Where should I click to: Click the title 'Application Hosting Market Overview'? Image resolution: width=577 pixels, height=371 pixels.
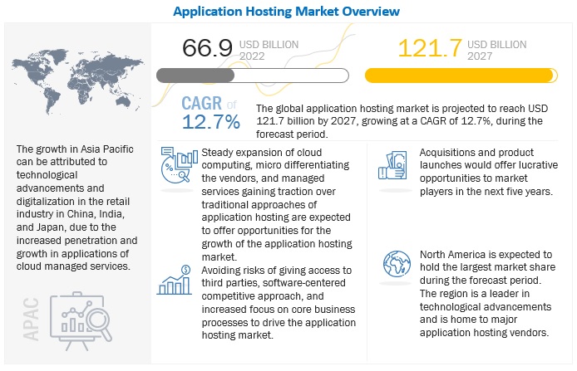[x=288, y=11]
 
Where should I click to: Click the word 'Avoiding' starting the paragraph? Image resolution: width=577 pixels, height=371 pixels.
[x=225, y=270]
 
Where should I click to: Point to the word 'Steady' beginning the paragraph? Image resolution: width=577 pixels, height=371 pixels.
[x=219, y=154]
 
